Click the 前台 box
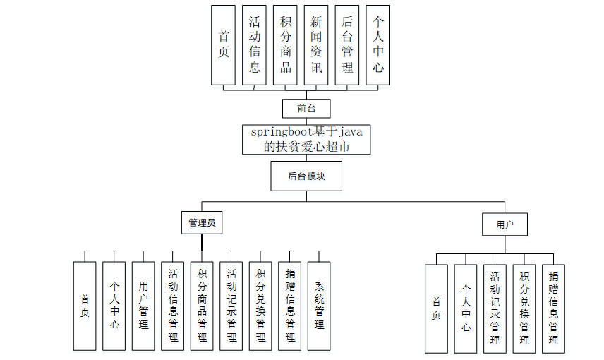click(x=306, y=108)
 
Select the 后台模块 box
click(x=306, y=176)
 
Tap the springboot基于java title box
click(x=306, y=139)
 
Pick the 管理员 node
click(x=201, y=223)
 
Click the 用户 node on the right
click(x=505, y=224)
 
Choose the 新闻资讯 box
click(x=316, y=45)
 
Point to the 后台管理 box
click(x=347, y=45)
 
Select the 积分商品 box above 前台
click(x=285, y=45)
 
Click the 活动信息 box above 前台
click(x=255, y=45)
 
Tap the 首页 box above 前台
click(x=224, y=45)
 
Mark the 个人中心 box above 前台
click(x=378, y=45)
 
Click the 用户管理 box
click(x=143, y=306)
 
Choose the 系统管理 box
click(x=319, y=306)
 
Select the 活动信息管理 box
click(x=172, y=306)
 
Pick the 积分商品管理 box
click(x=202, y=306)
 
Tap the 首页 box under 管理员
click(x=85, y=306)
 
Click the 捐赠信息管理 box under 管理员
click(x=289, y=306)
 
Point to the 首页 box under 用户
click(x=436, y=308)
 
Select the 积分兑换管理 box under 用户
click(x=524, y=308)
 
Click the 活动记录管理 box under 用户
click(x=495, y=308)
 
